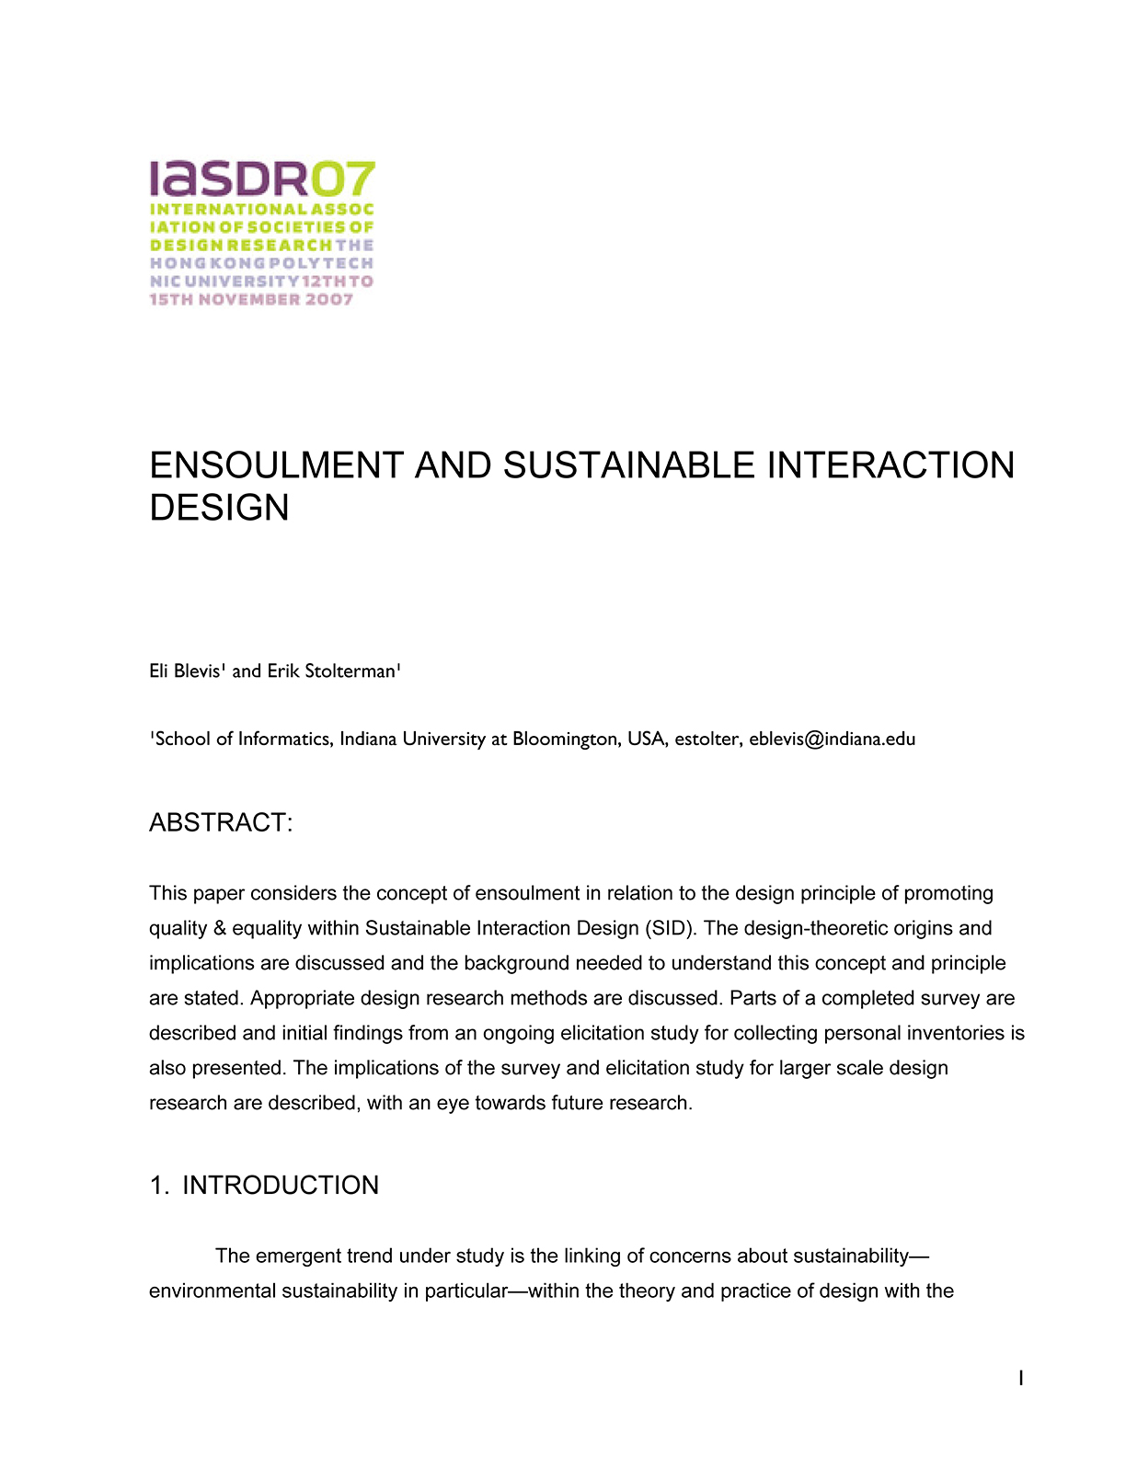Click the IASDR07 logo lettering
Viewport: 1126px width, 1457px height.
point(262,178)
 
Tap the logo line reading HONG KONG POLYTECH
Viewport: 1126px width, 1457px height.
point(262,263)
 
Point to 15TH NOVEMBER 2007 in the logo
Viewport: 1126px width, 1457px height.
point(251,300)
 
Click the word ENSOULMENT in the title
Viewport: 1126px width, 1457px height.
point(276,465)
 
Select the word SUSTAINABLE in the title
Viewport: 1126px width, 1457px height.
point(629,465)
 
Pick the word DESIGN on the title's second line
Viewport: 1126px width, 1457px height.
point(219,508)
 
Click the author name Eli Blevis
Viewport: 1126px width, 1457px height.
point(185,671)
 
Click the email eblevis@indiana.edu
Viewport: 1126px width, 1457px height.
point(832,739)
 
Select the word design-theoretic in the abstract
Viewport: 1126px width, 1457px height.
point(815,928)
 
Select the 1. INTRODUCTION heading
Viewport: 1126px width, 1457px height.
point(264,1185)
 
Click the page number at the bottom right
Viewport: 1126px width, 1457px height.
point(1021,1378)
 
